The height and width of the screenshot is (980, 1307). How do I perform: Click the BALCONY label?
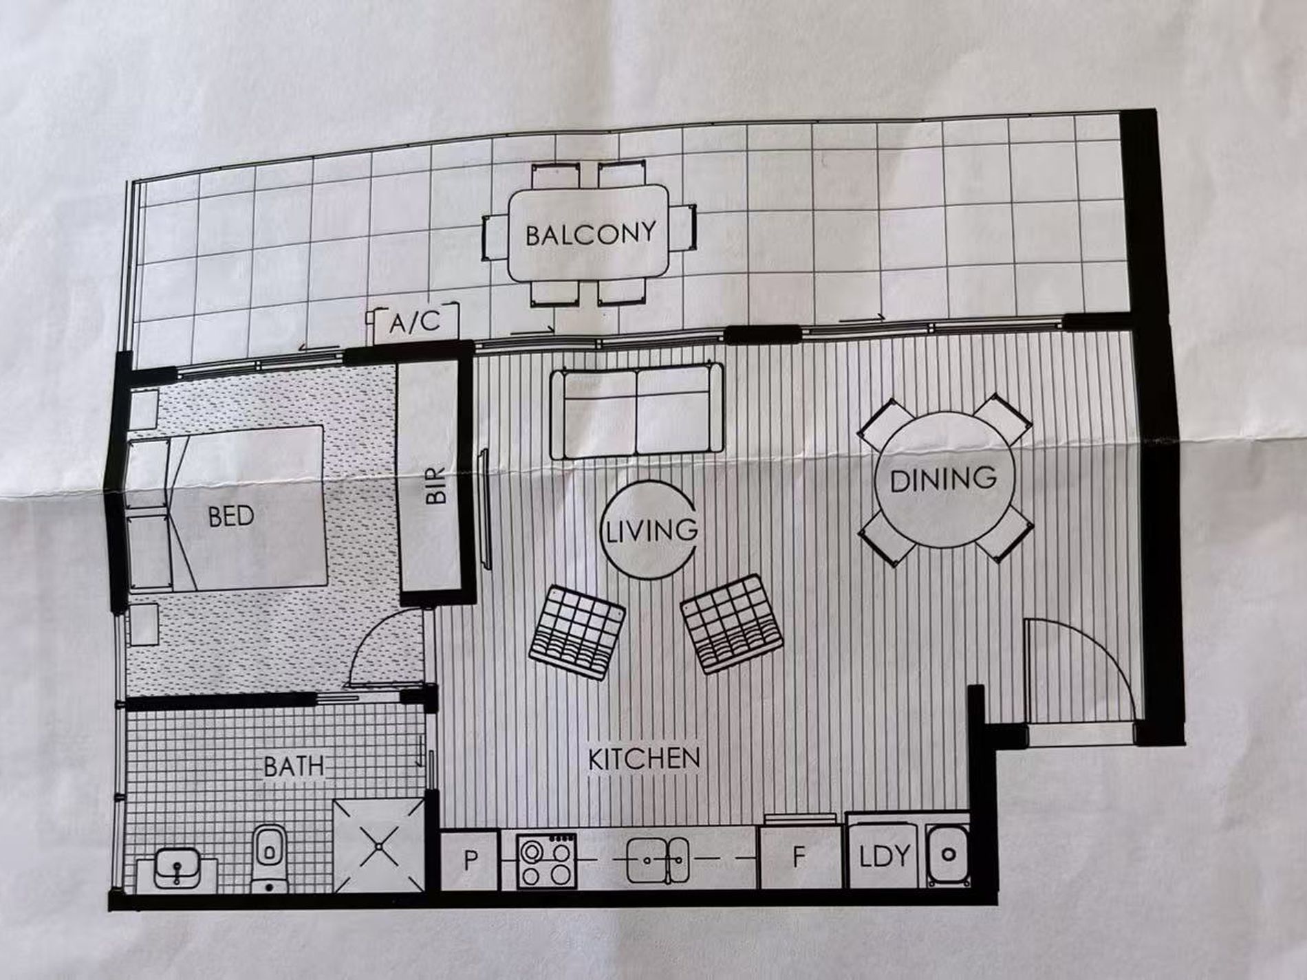tap(590, 234)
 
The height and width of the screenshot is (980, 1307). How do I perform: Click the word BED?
tap(231, 516)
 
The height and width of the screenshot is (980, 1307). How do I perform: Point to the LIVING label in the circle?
tap(650, 530)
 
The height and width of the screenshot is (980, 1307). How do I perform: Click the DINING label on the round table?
tap(943, 479)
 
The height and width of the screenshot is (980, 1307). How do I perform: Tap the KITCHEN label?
tap(644, 758)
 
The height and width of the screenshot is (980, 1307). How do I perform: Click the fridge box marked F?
tap(799, 858)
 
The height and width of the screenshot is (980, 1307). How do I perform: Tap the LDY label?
tap(885, 856)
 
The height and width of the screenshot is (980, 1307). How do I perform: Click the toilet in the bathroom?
tap(268, 858)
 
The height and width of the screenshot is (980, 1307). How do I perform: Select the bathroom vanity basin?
tap(177, 869)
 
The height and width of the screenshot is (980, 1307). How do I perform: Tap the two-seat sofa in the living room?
tap(637, 411)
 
